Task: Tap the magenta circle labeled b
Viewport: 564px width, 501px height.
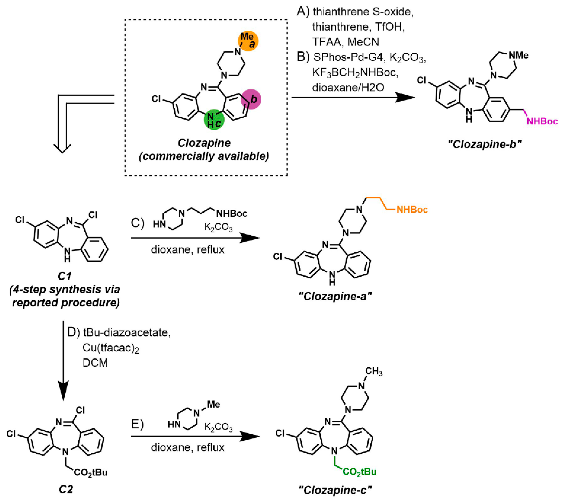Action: (x=251, y=99)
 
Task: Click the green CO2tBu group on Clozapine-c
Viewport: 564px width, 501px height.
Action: (x=359, y=472)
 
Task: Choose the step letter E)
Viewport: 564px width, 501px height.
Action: (x=137, y=425)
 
